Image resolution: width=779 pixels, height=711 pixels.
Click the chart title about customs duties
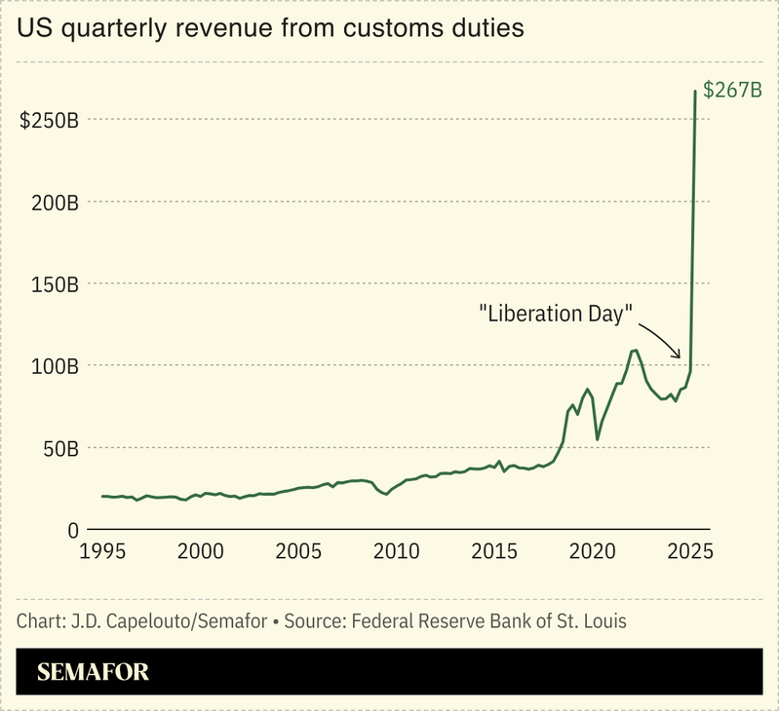pos(270,29)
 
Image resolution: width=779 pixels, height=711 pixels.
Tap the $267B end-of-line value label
pos(731,91)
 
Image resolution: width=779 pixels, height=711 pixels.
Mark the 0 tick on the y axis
pos(72,531)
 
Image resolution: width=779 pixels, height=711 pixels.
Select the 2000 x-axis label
pos(202,550)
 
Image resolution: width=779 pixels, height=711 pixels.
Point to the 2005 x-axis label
pos(299,550)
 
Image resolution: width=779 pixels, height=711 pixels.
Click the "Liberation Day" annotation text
pos(556,314)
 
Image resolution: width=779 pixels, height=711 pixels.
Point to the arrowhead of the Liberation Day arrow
pos(681,356)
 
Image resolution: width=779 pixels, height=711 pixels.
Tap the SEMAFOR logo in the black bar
pos(93,672)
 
